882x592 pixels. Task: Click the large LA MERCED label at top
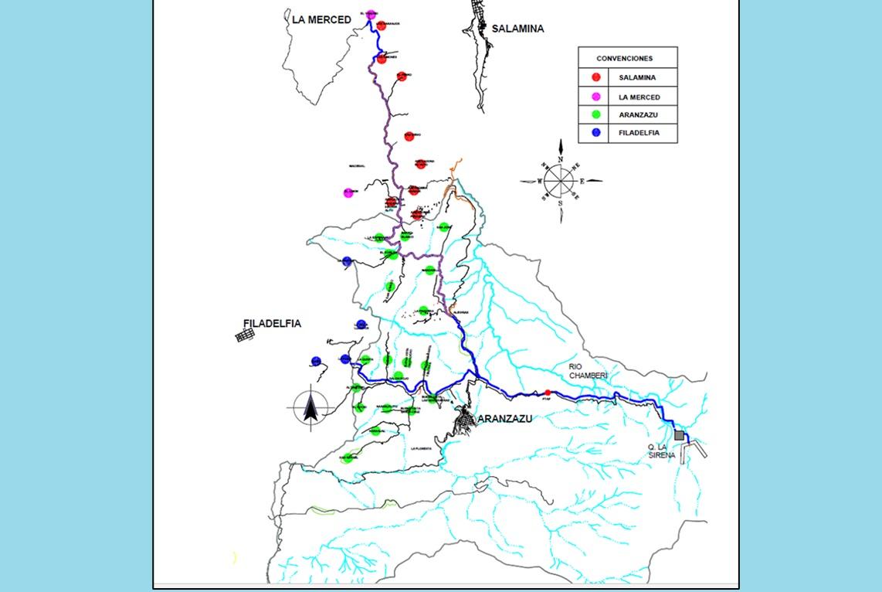coord(321,19)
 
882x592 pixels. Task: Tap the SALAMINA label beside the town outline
coord(519,29)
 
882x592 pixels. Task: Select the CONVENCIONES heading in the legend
coord(624,59)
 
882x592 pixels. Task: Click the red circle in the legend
coord(596,77)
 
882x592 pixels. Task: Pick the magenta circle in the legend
coord(596,97)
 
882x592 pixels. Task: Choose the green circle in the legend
coord(596,115)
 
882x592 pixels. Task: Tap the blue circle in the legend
coord(596,133)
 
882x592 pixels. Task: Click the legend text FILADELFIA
coord(639,133)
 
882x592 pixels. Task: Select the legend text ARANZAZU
coord(637,115)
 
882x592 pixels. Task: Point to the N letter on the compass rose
coord(561,160)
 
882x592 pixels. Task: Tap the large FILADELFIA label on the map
coord(272,324)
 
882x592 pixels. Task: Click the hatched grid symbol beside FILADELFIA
coord(245,335)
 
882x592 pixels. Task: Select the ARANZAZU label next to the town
coord(505,419)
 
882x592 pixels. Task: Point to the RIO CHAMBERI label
coord(589,371)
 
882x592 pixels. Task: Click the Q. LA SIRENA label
coord(662,451)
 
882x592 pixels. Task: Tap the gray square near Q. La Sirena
coord(679,436)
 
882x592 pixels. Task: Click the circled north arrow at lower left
coord(311,407)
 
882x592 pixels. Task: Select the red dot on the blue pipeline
coord(548,393)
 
